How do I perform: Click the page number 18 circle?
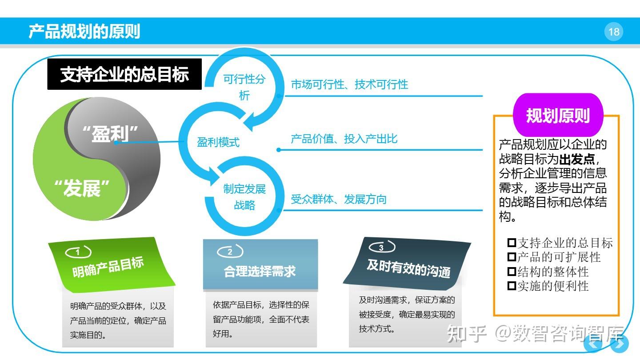click(x=614, y=32)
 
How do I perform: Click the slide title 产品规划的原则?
click(x=84, y=32)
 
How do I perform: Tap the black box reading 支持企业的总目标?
click(x=124, y=74)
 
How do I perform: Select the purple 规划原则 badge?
click(x=558, y=116)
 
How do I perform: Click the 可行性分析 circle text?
click(x=244, y=87)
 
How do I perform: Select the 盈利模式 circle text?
click(x=218, y=142)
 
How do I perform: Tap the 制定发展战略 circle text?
click(x=244, y=197)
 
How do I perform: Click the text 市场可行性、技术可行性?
click(x=349, y=84)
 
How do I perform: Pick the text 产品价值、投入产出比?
click(x=344, y=139)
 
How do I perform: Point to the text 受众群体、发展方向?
click(x=339, y=199)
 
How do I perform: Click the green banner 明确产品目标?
click(x=108, y=267)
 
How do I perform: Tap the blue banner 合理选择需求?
click(x=260, y=271)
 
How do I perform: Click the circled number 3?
click(x=381, y=248)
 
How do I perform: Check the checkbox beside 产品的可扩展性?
click(x=512, y=257)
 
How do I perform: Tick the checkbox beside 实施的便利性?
click(x=512, y=285)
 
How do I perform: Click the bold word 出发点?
click(x=576, y=159)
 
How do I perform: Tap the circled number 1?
click(x=78, y=252)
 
